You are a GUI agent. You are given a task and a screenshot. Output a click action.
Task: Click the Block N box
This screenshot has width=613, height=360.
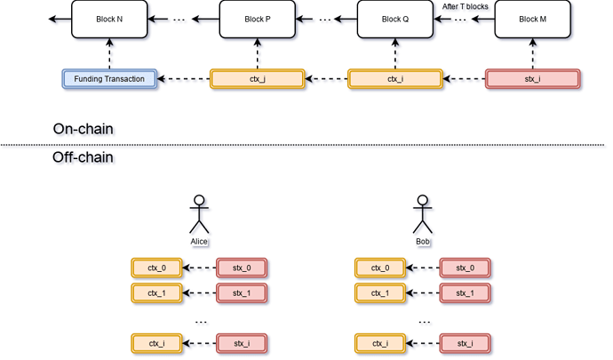[109, 19]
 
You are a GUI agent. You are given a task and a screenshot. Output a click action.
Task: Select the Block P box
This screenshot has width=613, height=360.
[257, 19]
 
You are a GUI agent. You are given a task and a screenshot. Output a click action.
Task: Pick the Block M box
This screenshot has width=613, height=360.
[531, 19]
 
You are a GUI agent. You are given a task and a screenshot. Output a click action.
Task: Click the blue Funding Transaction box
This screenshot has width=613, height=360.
[110, 79]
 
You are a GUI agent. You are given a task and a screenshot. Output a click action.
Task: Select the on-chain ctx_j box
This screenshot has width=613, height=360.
[257, 79]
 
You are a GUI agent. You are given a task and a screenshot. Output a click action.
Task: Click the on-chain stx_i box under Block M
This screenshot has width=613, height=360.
[532, 79]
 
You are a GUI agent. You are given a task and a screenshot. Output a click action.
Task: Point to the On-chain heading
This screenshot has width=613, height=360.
[85, 130]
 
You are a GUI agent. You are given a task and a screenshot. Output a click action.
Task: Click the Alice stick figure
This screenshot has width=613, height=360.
[201, 216]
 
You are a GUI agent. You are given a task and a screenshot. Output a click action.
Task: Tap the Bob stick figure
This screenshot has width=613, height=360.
[425, 216]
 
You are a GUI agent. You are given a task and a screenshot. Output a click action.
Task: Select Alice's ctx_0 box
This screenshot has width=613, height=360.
[156, 267]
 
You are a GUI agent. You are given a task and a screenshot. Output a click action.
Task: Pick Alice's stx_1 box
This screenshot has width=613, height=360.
[243, 292]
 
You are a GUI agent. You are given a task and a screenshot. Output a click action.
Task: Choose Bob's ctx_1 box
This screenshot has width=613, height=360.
[380, 292]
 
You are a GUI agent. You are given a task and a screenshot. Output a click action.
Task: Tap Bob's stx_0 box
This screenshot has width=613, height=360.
[466, 267]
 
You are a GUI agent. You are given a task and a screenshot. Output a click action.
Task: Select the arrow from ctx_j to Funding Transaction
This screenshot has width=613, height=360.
[184, 79]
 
